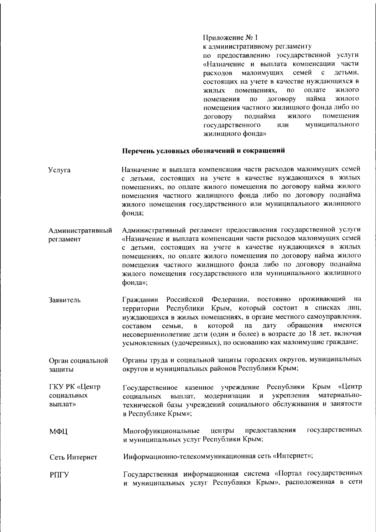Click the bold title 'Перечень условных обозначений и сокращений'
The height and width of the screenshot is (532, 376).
click(203, 150)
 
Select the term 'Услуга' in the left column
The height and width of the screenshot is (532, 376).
click(59, 170)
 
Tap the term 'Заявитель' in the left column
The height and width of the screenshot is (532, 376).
click(65, 300)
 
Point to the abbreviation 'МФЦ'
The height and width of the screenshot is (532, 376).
click(58, 432)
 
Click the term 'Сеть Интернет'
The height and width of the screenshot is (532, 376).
click(73, 457)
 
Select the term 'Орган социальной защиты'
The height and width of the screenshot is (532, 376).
click(78, 365)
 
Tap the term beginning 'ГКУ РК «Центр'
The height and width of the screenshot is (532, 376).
click(75, 387)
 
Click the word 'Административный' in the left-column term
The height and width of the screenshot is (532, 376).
click(80, 231)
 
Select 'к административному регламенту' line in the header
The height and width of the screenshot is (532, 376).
click(257, 47)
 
